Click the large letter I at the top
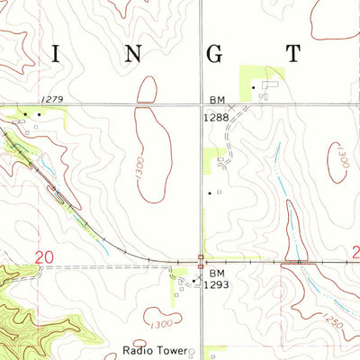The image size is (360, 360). pos(57,53)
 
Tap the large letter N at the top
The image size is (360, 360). pos(132,53)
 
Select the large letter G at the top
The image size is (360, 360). pos(214,53)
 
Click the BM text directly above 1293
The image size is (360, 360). pos(216,272)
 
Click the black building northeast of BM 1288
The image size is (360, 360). pos(254,87)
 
